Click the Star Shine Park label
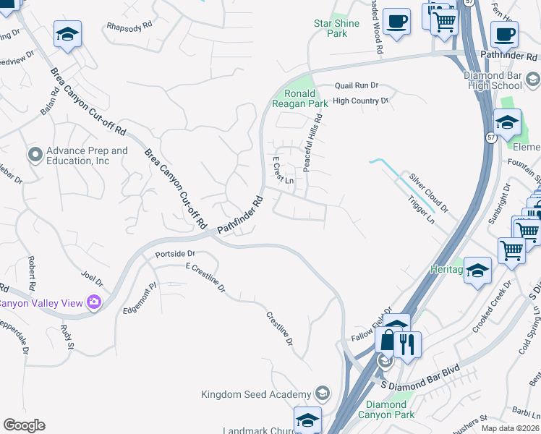331,28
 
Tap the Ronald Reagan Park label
300,98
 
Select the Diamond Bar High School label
495,80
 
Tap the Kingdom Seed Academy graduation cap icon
323,394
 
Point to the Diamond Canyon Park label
390,409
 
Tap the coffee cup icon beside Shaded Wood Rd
396,22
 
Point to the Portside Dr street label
176,255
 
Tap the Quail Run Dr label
357,85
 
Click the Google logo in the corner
24,425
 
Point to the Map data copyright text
510,428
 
